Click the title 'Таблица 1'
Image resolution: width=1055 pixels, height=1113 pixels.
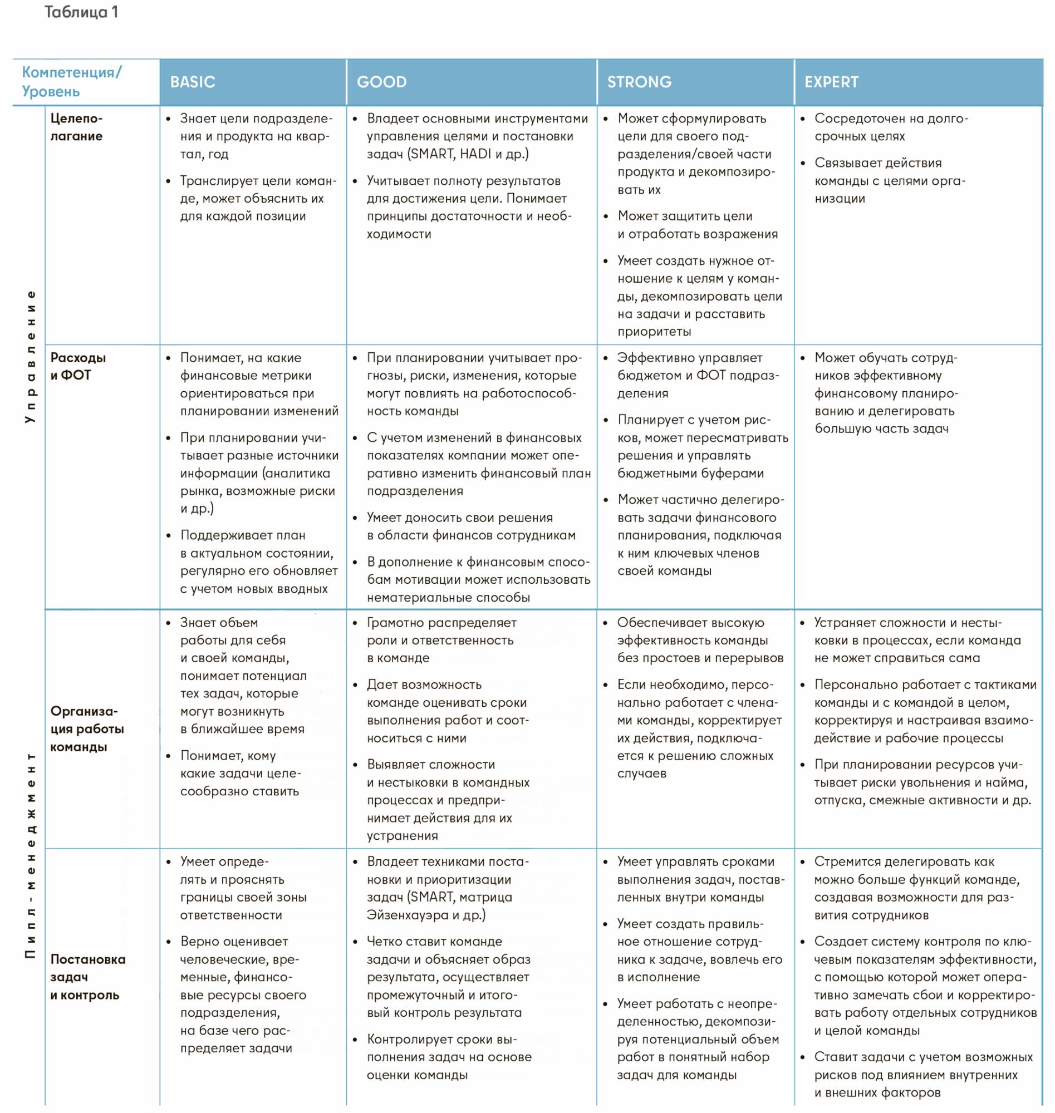[81, 12]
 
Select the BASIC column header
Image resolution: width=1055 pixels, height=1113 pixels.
[192, 82]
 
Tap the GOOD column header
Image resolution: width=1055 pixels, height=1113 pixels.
[381, 82]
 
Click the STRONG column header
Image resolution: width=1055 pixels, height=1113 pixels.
[640, 82]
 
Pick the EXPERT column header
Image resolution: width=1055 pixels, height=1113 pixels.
[831, 82]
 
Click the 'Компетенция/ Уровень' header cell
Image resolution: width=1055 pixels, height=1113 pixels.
[71, 82]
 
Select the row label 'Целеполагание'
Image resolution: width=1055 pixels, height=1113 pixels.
[76, 127]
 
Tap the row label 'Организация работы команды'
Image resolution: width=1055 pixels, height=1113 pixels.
[87, 729]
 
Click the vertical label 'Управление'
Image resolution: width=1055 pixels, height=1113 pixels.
[31, 356]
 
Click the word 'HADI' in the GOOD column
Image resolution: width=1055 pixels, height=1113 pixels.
[475, 154]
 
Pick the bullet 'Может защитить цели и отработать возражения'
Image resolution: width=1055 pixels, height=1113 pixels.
[697, 225]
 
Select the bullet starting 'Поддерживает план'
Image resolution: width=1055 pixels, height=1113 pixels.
[258, 562]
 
